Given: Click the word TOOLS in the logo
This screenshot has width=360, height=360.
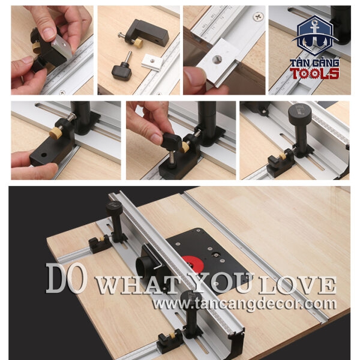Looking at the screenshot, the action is click(x=314, y=74).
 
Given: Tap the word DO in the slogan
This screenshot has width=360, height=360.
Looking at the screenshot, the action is click(x=67, y=278).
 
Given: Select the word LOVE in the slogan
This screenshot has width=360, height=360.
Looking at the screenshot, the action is click(x=298, y=286).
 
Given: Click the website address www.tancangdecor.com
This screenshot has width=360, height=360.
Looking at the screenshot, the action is click(x=244, y=304).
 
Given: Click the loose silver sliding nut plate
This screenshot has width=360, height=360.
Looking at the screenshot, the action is click(x=152, y=62).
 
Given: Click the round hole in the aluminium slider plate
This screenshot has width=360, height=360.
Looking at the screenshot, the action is click(x=217, y=59).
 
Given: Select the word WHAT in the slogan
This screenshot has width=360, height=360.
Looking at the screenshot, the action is click(x=137, y=286).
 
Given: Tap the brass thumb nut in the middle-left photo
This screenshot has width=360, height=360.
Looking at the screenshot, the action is click(x=56, y=133).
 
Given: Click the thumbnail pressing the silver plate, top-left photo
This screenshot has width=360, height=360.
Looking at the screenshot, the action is click(x=49, y=34).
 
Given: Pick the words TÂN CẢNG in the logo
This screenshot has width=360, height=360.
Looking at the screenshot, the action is click(x=314, y=63).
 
